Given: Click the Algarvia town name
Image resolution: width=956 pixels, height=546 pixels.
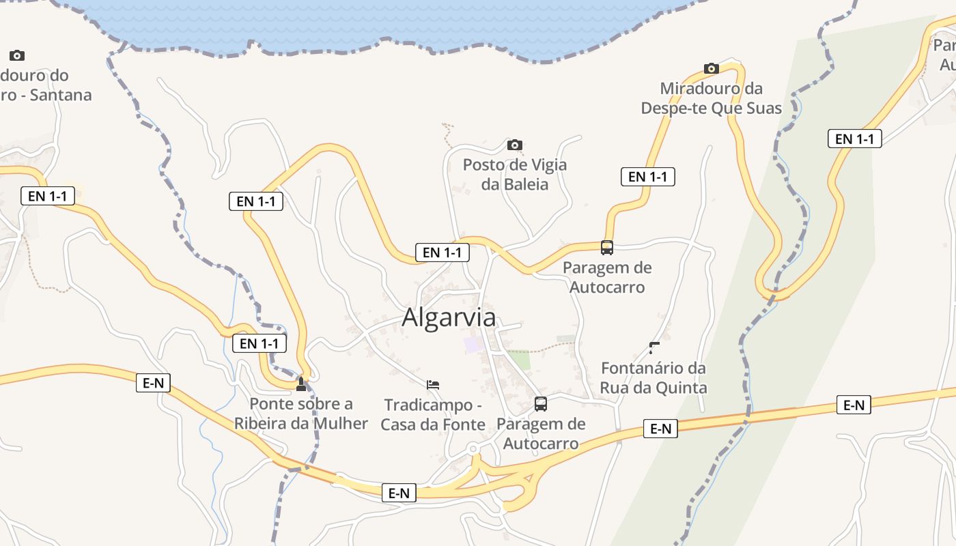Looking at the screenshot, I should point(449,317).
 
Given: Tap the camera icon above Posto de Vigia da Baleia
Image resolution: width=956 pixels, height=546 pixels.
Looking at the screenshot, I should point(515,145).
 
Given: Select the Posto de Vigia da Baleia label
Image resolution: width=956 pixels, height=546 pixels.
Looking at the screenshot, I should point(515,174).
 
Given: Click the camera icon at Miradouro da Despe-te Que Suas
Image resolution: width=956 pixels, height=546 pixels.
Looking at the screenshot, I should point(712,68).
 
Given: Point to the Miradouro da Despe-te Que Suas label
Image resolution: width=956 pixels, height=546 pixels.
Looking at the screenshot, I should point(711,98).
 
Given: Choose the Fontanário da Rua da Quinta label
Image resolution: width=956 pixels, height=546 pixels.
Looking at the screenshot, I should point(653,377).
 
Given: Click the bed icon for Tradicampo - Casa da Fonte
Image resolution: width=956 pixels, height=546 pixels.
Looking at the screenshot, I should point(433,385).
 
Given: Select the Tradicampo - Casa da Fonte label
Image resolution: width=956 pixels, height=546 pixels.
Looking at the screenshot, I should point(433,414).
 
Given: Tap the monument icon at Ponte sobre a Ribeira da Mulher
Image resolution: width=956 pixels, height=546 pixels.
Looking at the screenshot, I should point(301,384).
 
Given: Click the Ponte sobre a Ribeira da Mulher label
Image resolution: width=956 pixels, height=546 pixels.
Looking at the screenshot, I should point(301,413).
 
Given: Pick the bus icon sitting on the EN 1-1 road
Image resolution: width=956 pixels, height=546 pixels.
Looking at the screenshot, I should point(607,248).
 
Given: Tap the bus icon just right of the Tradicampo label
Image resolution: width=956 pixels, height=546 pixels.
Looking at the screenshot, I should point(541,404).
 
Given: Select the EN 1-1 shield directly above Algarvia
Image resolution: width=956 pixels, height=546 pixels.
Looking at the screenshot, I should point(442,253).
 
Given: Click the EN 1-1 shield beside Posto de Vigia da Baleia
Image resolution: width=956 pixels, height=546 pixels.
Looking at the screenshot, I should point(647,177).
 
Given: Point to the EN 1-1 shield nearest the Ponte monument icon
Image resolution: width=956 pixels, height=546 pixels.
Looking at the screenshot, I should point(259,343).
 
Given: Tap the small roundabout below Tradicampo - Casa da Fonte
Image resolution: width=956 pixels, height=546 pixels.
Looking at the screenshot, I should point(473,448).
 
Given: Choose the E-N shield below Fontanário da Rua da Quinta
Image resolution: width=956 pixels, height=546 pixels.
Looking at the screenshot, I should point(660,429).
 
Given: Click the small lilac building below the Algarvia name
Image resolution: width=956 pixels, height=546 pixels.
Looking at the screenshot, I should point(473,344).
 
